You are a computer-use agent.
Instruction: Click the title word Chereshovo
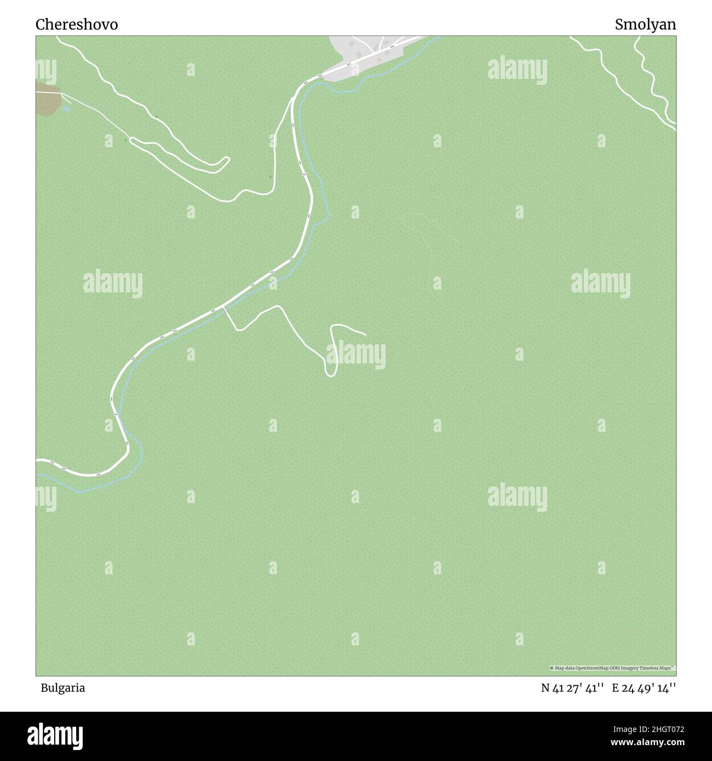[x=77, y=25]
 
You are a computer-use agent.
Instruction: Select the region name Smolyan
[x=645, y=25]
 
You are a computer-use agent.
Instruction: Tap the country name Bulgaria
[x=62, y=688]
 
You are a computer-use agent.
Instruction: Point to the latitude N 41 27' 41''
[x=572, y=688]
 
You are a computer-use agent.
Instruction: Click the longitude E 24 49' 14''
[x=644, y=688]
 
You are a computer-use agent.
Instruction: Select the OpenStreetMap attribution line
[x=612, y=668]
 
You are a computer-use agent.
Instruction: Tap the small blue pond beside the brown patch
[x=66, y=109]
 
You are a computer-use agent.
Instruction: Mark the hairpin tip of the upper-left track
[x=227, y=160]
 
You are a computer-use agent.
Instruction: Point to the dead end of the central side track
[x=365, y=333]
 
